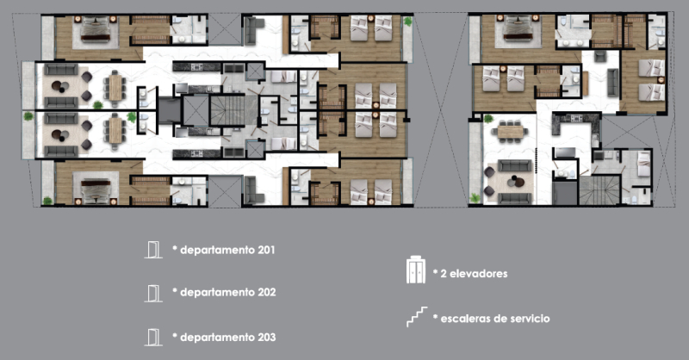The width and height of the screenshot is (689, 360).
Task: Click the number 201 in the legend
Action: (264, 251)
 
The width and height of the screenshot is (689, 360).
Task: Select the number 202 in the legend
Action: (264, 292)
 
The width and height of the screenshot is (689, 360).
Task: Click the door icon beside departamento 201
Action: (153, 250)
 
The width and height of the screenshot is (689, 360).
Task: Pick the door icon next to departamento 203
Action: (153, 334)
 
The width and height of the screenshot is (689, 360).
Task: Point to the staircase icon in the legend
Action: (417, 316)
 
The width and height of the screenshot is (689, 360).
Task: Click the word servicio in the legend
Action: (525, 319)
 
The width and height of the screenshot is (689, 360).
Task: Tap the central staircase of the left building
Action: (228, 111)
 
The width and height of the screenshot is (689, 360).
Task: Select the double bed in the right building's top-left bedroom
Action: (517, 33)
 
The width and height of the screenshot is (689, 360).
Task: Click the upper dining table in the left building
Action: (115, 84)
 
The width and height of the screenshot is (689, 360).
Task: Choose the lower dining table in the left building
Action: (115, 131)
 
